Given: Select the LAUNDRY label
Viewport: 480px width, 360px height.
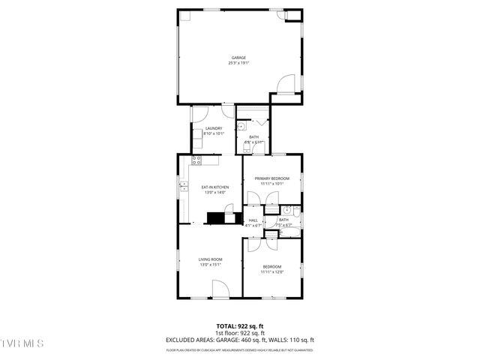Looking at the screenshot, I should [214, 128].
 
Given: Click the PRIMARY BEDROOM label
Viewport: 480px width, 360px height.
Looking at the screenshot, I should [271, 178].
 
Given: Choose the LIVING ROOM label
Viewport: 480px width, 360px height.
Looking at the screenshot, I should [211, 259].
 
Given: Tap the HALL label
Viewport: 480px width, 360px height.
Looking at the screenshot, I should [253, 220].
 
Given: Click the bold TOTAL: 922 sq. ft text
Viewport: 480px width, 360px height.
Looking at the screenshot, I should [239, 325].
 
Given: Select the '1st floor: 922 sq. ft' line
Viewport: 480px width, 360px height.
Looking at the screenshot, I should [239, 332].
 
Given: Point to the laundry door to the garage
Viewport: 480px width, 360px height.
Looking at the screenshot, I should [199, 115].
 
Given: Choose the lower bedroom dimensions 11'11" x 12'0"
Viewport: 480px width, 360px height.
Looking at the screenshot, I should [271, 272].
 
